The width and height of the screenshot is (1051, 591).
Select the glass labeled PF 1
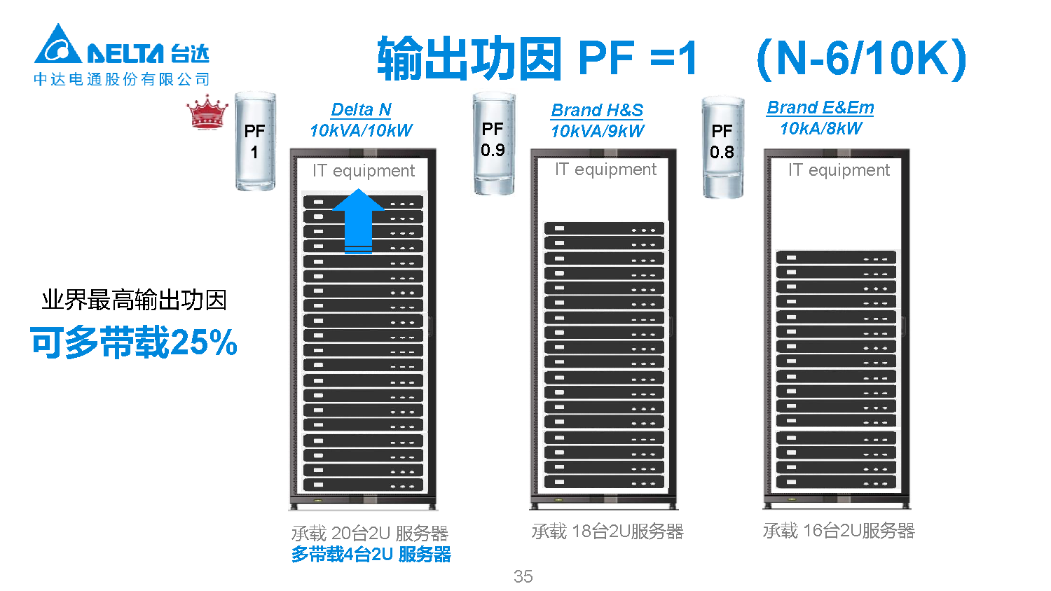coord(254,141)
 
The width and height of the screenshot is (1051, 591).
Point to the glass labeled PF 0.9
coord(493,143)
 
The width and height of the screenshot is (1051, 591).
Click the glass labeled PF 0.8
coord(722,147)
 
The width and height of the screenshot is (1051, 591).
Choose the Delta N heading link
coord(361,110)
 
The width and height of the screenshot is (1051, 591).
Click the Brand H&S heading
coord(597,111)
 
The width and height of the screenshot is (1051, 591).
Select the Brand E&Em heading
coord(820,108)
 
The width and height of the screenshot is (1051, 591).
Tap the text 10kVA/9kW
coord(597,131)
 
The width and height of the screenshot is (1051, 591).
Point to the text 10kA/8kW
coord(821,128)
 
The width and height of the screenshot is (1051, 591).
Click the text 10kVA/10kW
coord(361,130)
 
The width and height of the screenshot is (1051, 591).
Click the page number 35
coord(523,576)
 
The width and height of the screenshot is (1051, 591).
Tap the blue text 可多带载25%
coord(134,342)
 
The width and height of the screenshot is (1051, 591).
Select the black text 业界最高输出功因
coord(134,300)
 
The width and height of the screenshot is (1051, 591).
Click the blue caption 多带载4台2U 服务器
coord(371,555)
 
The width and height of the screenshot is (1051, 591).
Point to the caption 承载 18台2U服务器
coord(607,531)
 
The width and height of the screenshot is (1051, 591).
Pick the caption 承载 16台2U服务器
coord(839,531)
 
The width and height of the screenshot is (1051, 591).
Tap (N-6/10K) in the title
coord(861,58)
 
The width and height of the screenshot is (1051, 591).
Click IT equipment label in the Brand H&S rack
coord(605,169)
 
